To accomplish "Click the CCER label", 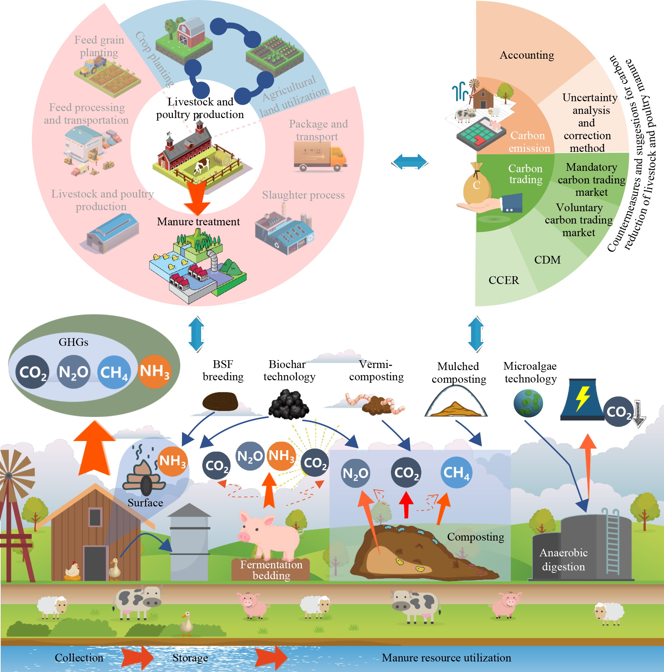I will [x=503, y=280].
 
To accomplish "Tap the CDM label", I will [x=547, y=260].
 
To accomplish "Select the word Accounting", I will [x=527, y=55].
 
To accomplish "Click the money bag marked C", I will [x=477, y=185].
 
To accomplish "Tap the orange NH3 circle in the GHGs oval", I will [x=155, y=371].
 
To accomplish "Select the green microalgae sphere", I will [x=528, y=403].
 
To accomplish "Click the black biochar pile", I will [x=289, y=405].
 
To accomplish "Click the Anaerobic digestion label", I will [x=563, y=560].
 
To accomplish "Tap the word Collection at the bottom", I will [x=79, y=658].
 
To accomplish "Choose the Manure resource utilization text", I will [x=446, y=658].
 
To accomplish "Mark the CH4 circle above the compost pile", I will [x=456, y=472].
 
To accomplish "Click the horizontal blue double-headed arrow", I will [x=410, y=162].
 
